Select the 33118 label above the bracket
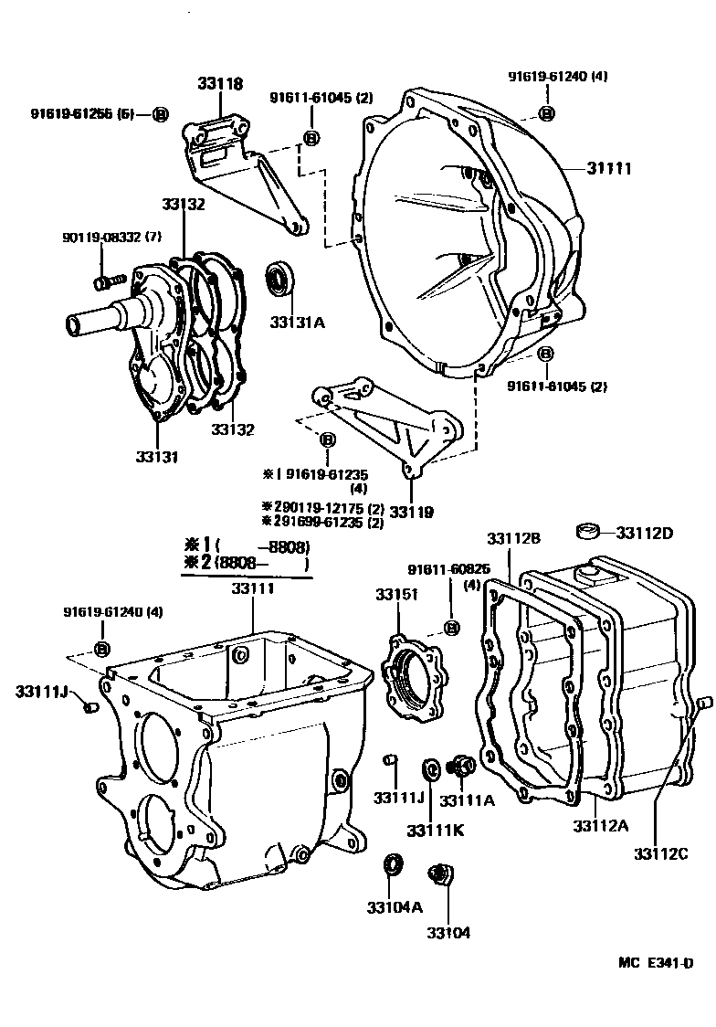[x=221, y=84]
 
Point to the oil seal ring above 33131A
[x=279, y=278]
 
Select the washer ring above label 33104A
[x=394, y=863]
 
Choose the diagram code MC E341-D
[x=656, y=962]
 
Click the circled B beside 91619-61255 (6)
[x=160, y=114]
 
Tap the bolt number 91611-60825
[x=452, y=569]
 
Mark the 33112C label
[x=660, y=853]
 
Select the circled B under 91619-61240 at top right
[x=546, y=112]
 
